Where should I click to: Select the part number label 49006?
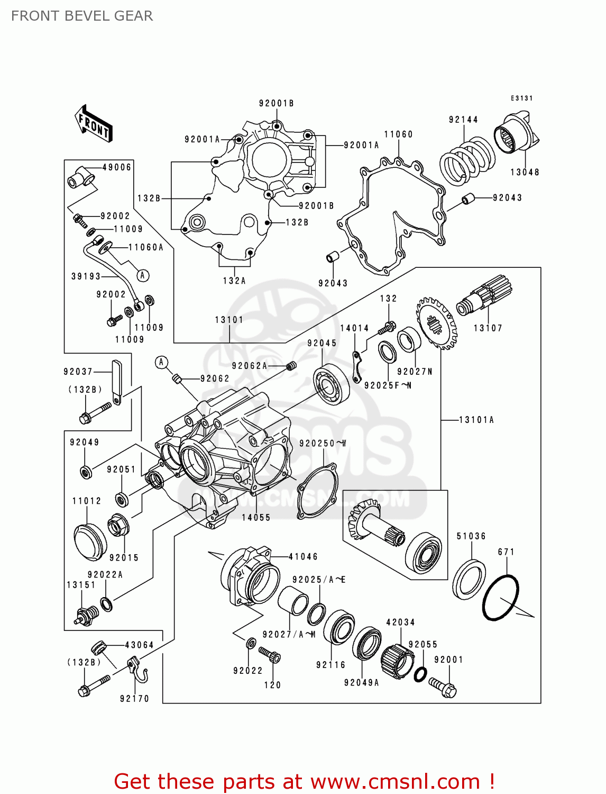coord(116,167)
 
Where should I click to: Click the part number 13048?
coord(525,172)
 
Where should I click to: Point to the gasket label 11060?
coord(398,134)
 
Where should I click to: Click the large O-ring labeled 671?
coord(500,597)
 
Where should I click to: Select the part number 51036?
coord(471,536)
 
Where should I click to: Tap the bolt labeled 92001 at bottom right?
coord(443,686)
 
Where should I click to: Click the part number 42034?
coord(400,622)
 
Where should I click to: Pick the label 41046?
coord(303,556)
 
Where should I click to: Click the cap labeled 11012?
coord(90,542)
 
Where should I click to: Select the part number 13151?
coord(81,585)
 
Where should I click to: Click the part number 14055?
coord(256,518)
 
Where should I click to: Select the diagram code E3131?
coord(521,98)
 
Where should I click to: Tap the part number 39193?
coord(86,276)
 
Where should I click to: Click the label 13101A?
coord(476,420)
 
